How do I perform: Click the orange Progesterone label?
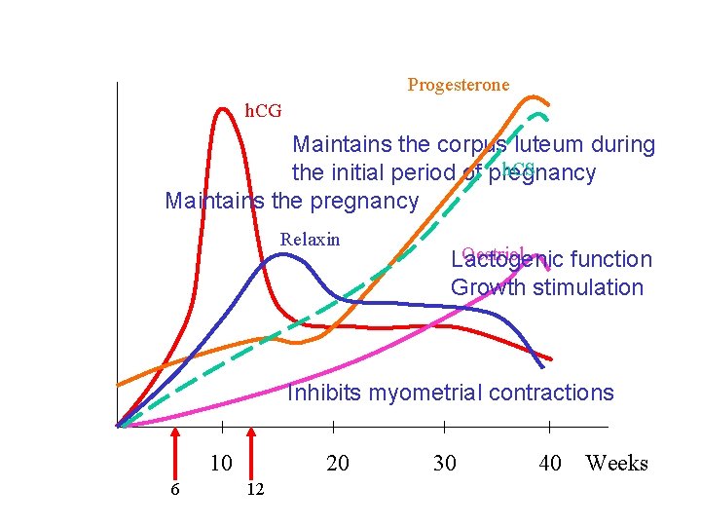tap(458, 86)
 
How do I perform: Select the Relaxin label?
tap(310, 240)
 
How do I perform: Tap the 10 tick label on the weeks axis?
tap(221, 463)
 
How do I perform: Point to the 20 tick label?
tap(337, 463)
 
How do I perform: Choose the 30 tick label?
tap(444, 463)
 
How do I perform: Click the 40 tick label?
tap(550, 463)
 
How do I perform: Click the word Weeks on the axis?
tap(616, 463)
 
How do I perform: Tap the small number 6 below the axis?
tap(174, 489)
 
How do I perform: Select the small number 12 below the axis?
tap(254, 489)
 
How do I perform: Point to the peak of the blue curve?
tap(281, 255)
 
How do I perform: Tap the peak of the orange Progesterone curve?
tap(533, 97)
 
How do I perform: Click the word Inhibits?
tap(323, 394)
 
